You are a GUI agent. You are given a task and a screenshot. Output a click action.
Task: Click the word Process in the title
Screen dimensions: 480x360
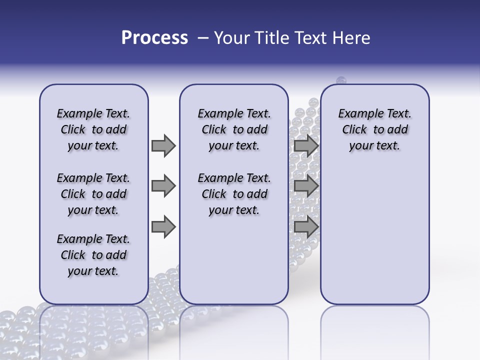click(154, 38)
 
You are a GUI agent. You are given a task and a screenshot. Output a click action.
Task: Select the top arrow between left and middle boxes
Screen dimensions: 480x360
click(163, 145)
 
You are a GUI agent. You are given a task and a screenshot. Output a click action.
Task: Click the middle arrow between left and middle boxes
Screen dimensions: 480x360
click(163, 186)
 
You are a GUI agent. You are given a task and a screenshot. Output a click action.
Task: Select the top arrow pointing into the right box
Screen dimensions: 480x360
click(306, 145)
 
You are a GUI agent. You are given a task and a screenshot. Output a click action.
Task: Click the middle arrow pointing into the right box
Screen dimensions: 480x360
click(306, 186)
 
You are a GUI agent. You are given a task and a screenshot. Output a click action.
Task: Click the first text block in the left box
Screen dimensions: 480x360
click(93, 129)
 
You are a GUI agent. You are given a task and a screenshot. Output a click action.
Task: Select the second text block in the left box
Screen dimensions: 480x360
click(93, 194)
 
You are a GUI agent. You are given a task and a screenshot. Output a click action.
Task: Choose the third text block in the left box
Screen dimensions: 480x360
click(93, 255)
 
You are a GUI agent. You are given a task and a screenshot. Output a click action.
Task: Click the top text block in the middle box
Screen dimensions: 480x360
click(234, 129)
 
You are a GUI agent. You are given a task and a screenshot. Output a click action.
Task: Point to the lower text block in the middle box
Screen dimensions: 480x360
click(234, 194)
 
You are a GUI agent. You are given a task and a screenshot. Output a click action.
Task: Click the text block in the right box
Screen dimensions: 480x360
click(374, 129)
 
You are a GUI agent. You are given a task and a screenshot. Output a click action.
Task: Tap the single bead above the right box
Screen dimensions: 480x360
click(341, 80)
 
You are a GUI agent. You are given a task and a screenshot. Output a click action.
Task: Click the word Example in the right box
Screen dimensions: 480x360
click(357, 114)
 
